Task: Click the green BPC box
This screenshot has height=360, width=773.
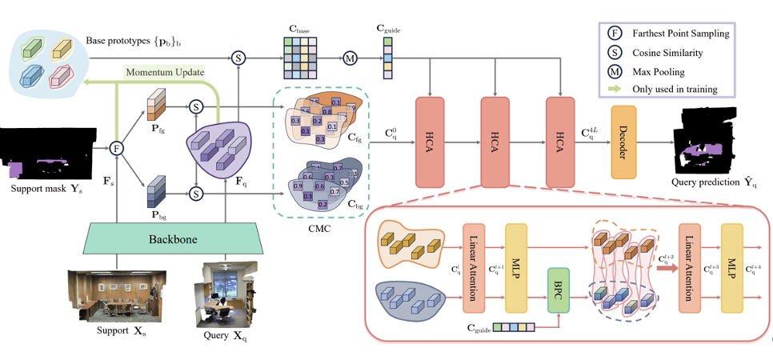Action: (x=558, y=285)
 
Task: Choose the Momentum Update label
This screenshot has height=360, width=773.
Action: (x=165, y=73)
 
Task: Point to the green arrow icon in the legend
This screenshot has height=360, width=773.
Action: (x=611, y=88)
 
